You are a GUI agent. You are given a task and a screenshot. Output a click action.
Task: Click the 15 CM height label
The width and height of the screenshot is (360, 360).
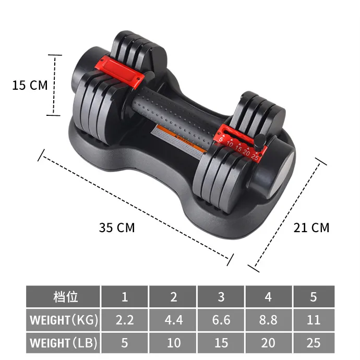30,85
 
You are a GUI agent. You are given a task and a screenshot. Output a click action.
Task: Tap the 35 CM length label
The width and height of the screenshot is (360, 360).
117,227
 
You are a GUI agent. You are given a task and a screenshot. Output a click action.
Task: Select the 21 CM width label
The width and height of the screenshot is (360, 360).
311,227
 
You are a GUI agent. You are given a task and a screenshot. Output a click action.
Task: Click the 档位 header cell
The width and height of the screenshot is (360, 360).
63,297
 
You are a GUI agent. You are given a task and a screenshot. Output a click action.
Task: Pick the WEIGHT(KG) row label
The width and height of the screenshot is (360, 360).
63,320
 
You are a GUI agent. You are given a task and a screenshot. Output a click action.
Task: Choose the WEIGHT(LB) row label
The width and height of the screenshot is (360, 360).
63,343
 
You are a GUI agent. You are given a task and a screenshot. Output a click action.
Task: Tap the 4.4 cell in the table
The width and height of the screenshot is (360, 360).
173,320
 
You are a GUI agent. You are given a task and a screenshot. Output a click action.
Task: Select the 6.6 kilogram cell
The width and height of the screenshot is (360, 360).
221,320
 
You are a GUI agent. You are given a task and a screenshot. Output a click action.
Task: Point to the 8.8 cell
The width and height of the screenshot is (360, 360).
268,320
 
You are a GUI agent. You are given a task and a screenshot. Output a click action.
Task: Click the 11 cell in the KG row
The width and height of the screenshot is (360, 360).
313,320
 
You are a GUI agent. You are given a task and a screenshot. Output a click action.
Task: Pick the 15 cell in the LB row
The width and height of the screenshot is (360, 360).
221,343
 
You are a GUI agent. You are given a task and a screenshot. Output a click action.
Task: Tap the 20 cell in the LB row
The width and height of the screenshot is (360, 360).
268,343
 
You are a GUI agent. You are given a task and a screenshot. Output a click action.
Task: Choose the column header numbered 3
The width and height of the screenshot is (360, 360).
221,297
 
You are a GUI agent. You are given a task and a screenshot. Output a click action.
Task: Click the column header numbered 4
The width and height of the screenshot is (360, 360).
268,297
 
